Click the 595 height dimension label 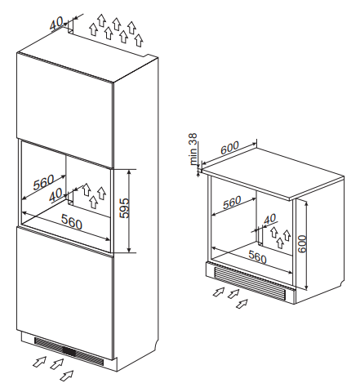pos(125,208)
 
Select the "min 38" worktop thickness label pos(193,149)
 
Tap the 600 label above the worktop pos(230,148)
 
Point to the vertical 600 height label pos(302,244)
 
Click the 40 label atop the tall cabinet pos(56,23)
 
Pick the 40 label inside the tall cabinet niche pos(56,195)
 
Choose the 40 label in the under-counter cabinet pos(270,219)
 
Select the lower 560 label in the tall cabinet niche pos(71,222)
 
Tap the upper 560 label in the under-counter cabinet pos(232,203)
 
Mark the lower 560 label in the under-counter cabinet pos(257,256)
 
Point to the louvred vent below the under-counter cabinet pos(250,283)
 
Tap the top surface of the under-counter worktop pos(273,171)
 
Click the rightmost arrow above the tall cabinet pos(140,40)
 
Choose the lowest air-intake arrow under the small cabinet pos(242,304)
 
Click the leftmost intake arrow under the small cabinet pos(218,292)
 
